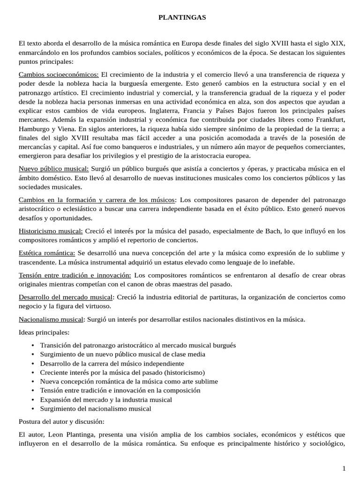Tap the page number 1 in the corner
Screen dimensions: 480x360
[x=344, y=468]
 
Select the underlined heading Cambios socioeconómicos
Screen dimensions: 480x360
[x=59, y=75]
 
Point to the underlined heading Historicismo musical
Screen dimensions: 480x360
[x=51, y=231]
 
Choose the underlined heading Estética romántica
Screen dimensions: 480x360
[x=47, y=253]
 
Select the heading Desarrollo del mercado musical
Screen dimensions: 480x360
[x=66, y=297]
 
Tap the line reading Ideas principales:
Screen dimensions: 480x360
[x=44, y=332]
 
